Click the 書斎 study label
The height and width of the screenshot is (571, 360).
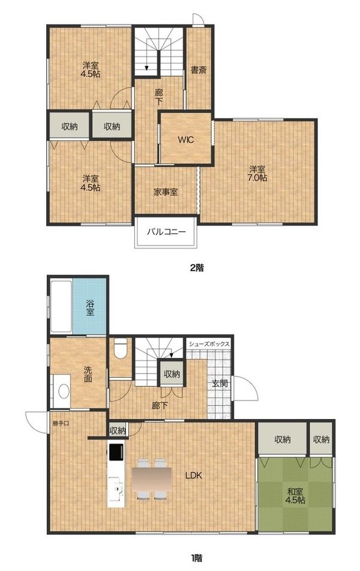pos(199,70)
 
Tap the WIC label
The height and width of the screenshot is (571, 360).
pos(185,139)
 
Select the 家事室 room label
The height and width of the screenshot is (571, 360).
pos(166,192)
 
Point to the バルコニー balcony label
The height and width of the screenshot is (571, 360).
pos(166,232)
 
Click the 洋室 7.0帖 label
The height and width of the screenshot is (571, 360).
pos(257,174)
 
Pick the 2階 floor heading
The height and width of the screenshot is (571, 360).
pos(197,268)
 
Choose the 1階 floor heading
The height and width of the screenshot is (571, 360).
pos(196,557)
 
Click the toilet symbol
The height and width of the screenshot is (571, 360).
pos(121,348)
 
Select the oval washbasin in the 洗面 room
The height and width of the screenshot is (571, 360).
pos(64,392)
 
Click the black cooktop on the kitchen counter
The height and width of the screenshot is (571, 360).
pos(116,452)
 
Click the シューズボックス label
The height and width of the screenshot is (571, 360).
pos(209,344)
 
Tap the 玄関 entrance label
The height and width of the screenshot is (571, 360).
pos(220,383)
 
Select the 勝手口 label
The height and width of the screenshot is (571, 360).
pos(61,423)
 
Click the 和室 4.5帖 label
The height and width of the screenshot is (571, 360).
pos(295,495)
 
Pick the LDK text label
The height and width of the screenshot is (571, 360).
pos(194,475)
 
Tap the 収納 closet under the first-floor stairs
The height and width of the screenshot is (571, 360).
pos(172,373)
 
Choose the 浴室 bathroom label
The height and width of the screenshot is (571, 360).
pos(90,307)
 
